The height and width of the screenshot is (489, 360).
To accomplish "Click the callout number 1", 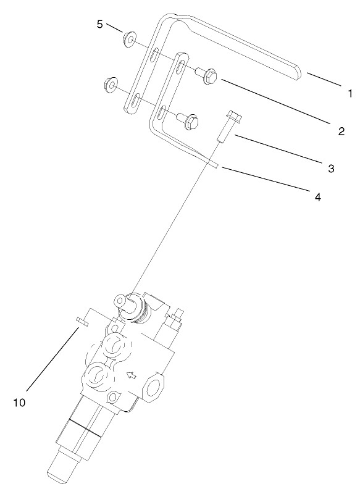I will click(x=349, y=94).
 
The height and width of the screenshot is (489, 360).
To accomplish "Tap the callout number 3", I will click(x=332, y=168).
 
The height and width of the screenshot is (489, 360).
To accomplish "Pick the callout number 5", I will click(x=99, y=24).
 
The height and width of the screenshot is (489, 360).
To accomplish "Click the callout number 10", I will click(x=20, y=402).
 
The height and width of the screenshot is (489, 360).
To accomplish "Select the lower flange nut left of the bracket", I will click(x=112, y=83).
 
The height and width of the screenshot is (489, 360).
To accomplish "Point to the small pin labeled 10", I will click(x=82, y=320).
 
